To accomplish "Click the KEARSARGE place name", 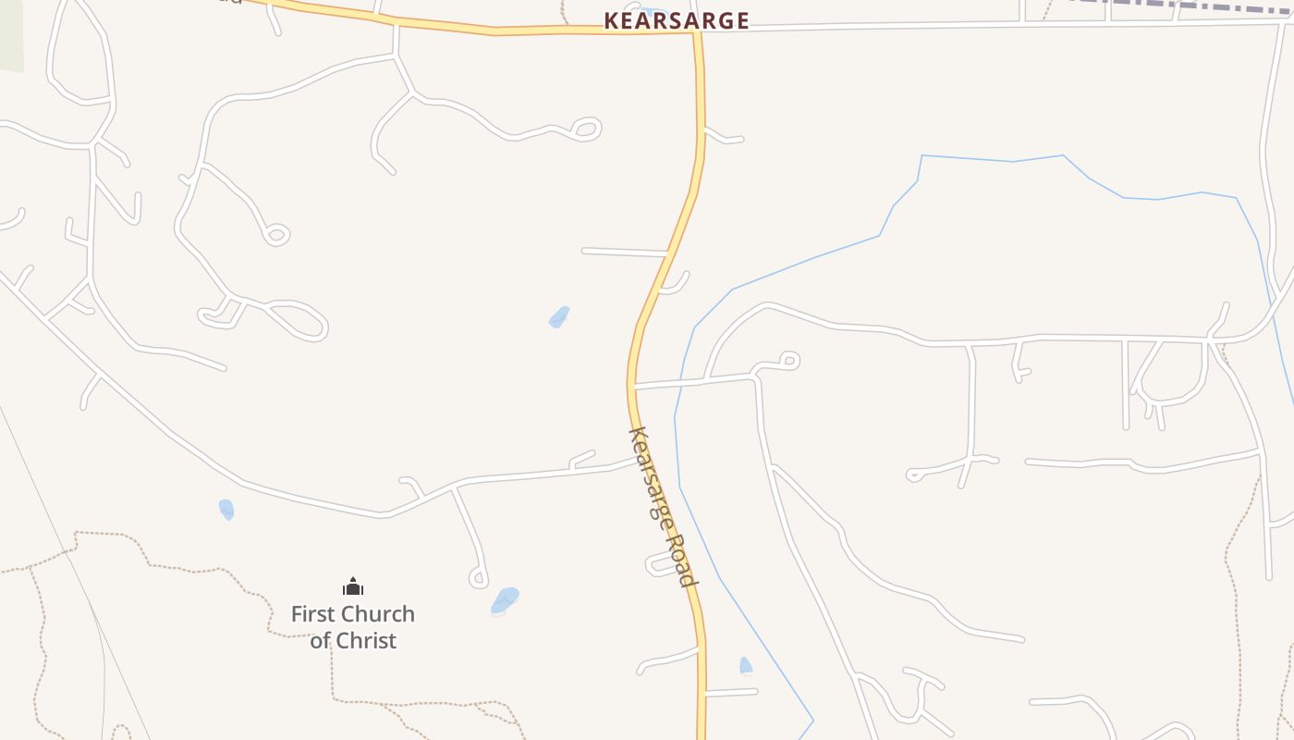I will pos(677,20).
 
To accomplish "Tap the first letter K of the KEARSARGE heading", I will pos(611,20).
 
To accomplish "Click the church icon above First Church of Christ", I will pos(353,586).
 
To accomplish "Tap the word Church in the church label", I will pos(376,614).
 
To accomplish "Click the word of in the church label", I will pos(320,640).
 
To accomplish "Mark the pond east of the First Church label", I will pos(505,600).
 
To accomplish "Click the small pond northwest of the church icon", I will pos(226,509).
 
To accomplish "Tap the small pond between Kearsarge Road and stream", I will pos(746,666).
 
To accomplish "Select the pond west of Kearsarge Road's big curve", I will pos(558,317).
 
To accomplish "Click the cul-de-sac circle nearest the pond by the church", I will pos(478,579).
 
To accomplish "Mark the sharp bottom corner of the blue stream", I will pos(812,720).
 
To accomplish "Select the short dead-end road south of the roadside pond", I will pos(730,692).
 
